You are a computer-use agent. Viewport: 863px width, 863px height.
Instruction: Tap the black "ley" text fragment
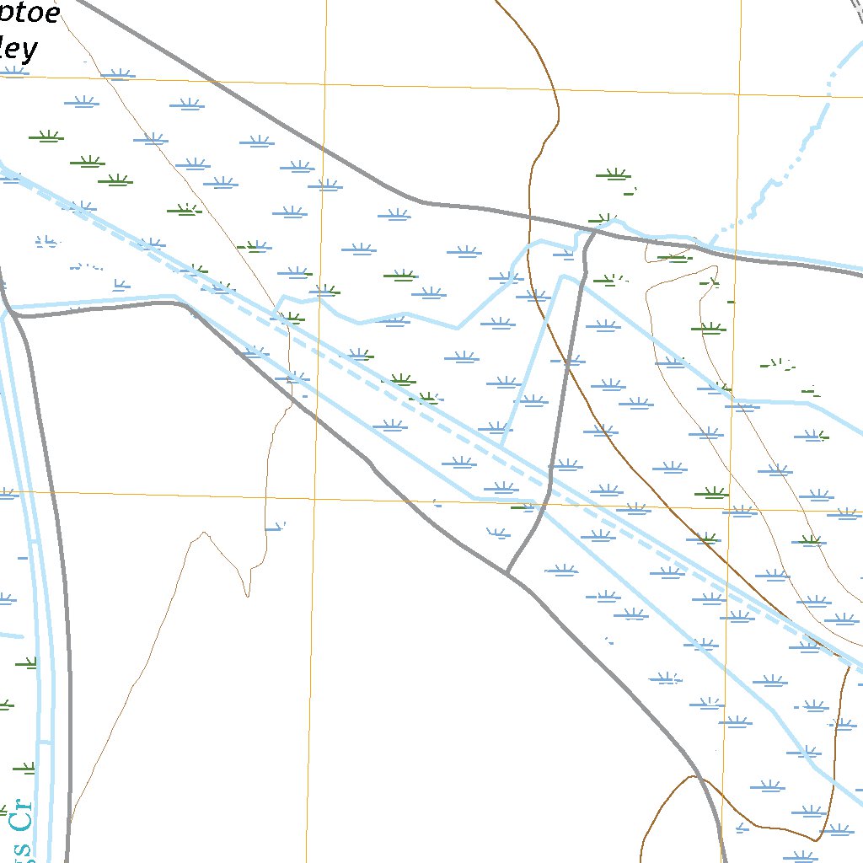[19, 50]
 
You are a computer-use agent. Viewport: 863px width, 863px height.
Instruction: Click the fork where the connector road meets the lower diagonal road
[507, 574]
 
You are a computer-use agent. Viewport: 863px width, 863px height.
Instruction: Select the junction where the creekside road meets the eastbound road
[17, 315]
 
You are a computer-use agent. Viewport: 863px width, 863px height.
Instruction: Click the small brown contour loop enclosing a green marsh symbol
[670, 253]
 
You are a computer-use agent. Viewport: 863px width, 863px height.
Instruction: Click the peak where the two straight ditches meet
[561, 276]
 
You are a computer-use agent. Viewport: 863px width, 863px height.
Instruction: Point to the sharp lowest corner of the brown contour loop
[815, 840]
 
